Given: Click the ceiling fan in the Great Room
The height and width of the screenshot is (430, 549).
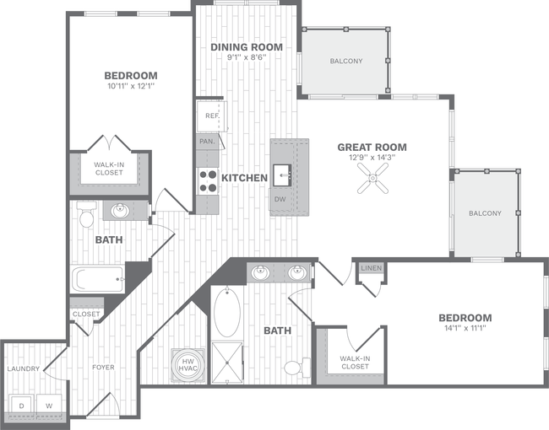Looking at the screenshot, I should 372,176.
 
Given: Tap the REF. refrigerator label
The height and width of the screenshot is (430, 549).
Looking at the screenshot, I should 211,116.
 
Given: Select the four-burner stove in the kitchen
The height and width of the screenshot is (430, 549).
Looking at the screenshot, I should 208,180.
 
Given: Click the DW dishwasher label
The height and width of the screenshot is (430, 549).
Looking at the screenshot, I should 280,199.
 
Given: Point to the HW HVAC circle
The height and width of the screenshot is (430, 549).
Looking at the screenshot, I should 187,364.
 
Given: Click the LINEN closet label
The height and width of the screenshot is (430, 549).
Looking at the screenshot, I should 371,268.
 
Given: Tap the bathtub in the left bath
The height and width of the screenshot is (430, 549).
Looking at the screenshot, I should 96,277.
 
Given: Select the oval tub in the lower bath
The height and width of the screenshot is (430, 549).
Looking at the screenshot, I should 227,312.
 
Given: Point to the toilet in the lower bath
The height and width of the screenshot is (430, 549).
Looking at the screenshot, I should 293,368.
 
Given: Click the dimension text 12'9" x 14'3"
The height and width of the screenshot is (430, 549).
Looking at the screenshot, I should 372,157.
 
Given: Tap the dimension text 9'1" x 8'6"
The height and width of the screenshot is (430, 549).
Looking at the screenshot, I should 247,57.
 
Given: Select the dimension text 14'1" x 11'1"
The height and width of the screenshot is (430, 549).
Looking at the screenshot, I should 465,328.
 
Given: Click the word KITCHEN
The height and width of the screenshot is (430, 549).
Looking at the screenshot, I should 244,178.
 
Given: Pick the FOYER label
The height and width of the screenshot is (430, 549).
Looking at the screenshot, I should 102,368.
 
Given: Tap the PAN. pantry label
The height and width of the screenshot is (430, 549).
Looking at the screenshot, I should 206,142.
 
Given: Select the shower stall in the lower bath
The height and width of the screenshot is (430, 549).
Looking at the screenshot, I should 227,362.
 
